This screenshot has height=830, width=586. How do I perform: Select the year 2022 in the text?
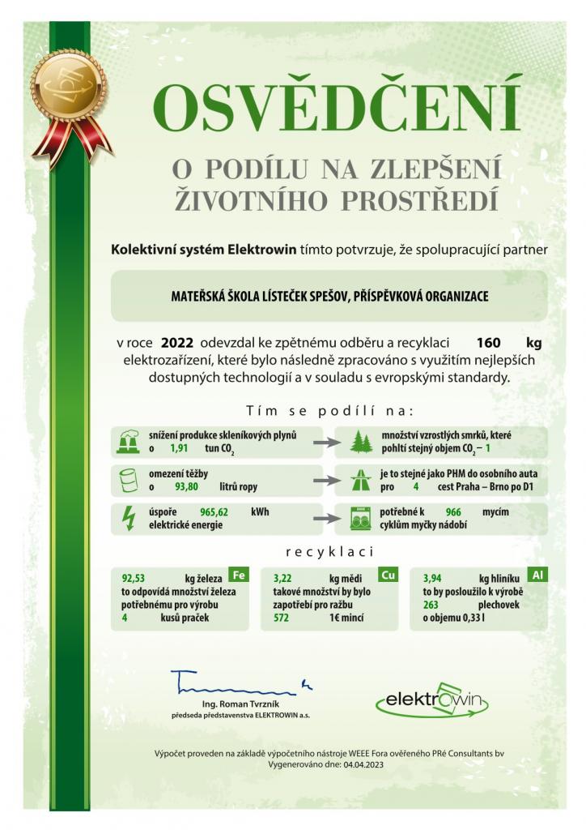point(177,342)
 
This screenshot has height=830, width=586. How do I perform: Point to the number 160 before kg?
point(490,342)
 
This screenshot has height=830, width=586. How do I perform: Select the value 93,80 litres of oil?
point(187,487)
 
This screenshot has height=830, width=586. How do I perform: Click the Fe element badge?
point(238,575)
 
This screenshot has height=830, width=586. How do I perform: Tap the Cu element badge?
point(388,575)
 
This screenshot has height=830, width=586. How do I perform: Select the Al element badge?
point(539,575)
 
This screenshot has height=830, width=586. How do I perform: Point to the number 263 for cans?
point(431,604)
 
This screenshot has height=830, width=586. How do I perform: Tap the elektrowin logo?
point(432,697)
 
